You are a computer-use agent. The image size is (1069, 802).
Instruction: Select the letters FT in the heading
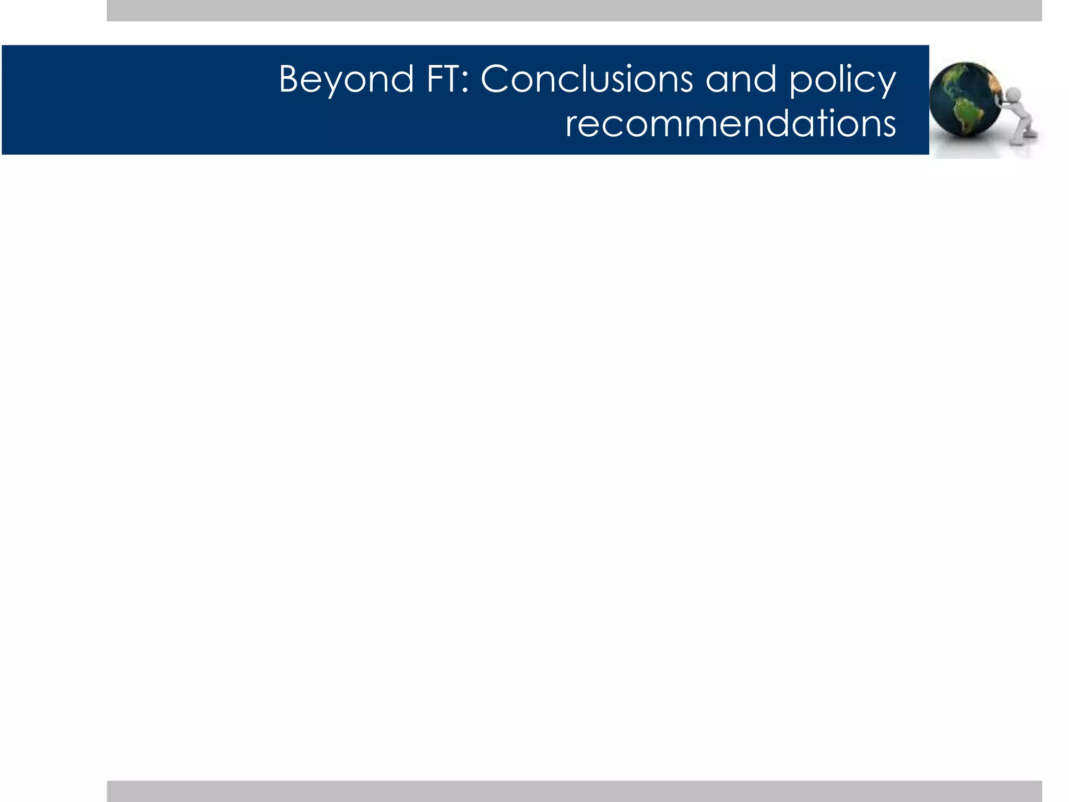(443, 79)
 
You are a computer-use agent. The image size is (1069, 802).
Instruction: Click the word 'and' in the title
(741, 79)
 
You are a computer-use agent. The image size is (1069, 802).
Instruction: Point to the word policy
(842, 81)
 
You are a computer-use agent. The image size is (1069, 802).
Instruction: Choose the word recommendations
(730, 124)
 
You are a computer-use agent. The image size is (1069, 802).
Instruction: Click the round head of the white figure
(1013, 95)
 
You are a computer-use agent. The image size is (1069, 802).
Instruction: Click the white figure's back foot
(1029, 134)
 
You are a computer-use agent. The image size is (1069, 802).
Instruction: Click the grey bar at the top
(574, 10)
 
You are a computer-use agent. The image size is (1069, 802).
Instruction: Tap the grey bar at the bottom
(574, 791)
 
